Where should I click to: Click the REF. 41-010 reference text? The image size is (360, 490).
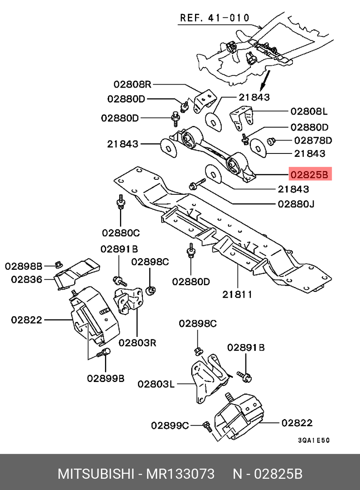tap(215, 18)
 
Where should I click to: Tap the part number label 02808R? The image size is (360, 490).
tap(132, 84)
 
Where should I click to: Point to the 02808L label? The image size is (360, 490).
tap(309, 111)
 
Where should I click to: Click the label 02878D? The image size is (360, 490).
tap(313, 140)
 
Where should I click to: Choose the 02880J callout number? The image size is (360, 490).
tap(296, 204)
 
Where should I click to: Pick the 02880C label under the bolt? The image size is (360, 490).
tap(121, 233)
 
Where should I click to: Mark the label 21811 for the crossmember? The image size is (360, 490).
tap(237, 294)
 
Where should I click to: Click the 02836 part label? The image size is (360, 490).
tap(27, 279)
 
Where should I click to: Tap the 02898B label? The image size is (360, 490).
tap(24, 266)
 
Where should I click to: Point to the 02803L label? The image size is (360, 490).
tap(156, 384)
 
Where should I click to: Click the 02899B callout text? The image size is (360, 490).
tap(106, 378)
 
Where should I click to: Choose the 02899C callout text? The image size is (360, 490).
tap(170, 425)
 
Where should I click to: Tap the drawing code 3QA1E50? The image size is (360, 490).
tap(314, 440)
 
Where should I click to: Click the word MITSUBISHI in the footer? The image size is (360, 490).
tap(95, 474)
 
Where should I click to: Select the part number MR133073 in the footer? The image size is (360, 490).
tap(180, 474)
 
